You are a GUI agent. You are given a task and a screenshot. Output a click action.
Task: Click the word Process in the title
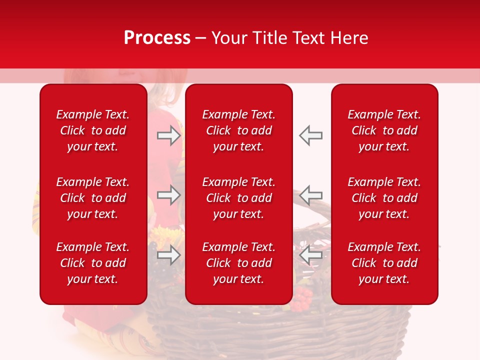coord(157,38)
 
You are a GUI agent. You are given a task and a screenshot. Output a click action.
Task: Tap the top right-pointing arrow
coord(168,135)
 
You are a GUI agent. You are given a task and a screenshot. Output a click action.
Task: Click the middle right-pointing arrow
coord(168,195)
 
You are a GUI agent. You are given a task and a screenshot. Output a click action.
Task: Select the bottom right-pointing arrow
coord(168,254)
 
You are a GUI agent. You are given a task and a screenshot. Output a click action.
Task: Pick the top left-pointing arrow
coord(311,135)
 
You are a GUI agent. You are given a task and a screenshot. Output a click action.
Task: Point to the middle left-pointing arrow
coord(311,195)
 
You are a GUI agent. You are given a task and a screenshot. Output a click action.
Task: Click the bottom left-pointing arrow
coord(311,254)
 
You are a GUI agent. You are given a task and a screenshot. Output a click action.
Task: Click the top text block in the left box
coord(93,130)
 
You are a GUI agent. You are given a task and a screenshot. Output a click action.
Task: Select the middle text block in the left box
coord(93,198)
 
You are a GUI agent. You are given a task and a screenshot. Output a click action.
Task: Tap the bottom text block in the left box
coord(93,263)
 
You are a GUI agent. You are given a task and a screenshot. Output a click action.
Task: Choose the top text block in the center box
coord(239,130)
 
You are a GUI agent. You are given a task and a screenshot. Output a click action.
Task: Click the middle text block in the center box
coord(239,198)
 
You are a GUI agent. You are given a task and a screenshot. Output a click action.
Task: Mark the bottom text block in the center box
coord(239,263)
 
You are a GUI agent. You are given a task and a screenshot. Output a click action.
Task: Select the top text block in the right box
coord(384,130)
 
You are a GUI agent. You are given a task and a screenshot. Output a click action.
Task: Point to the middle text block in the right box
coord(384,198)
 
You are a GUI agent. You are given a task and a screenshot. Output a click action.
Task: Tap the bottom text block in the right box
coord(384,263)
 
